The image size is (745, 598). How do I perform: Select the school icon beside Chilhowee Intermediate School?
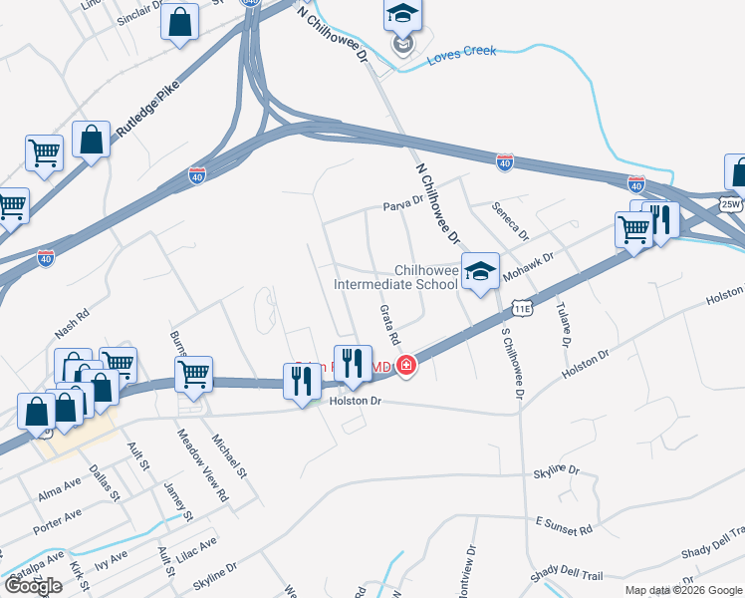[480, 270]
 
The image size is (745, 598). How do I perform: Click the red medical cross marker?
[405, 367]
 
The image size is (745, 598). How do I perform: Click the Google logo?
[34, 586]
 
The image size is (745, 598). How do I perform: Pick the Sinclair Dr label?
[138, 19]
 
